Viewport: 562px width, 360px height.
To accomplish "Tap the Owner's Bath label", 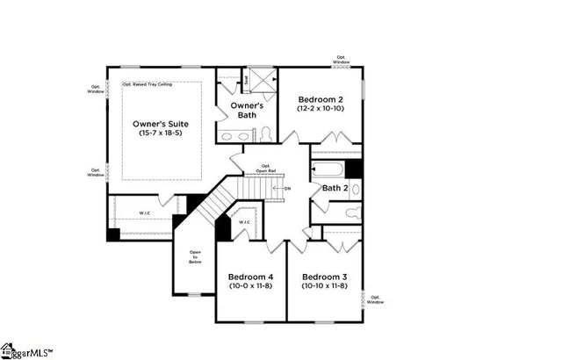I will (x=248, y=111).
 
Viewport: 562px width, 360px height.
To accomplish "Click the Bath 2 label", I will (x=335, y=188).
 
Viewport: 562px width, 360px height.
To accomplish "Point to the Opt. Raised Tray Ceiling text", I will (x=147, y=84).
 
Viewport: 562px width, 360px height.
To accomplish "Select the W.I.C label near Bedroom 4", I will (x=244, y=222).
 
